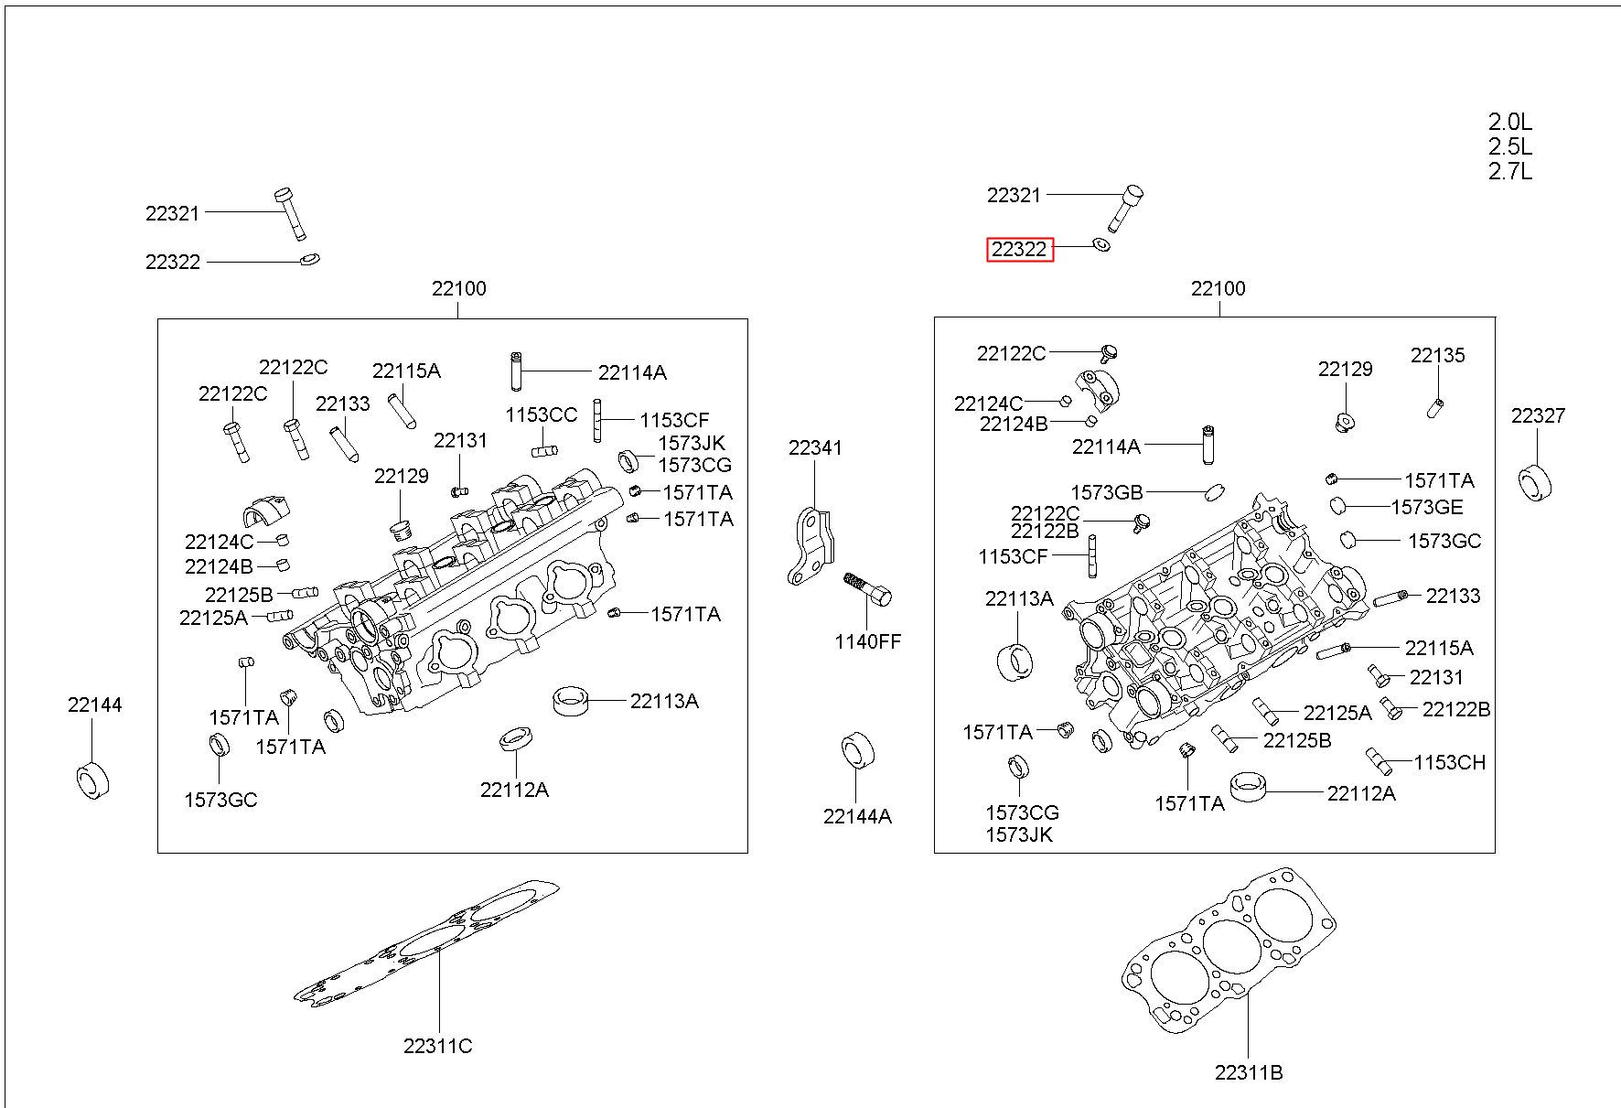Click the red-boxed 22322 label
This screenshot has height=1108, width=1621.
coord(1019,249)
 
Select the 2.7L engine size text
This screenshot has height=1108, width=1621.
coord(1510,171)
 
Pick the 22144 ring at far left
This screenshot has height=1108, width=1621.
coord(91,779)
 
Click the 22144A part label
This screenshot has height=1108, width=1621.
coord(857,816)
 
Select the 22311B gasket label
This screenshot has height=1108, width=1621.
coord(1249,1072)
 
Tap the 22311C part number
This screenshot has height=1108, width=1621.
coord(438,1046)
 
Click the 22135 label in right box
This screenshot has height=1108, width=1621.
coord(1437,355)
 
